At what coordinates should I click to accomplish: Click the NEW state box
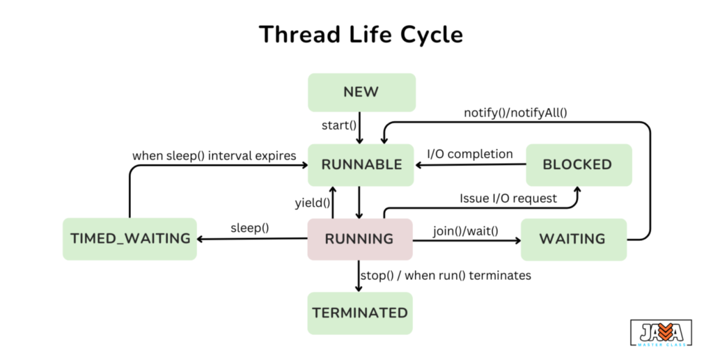coord(361,92)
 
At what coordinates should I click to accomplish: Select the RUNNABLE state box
coord(361,164)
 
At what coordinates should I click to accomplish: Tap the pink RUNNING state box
coord(359,239)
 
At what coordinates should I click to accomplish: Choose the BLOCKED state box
coord(578,164)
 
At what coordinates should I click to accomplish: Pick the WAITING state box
coord(572,239)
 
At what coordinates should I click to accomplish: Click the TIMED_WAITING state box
coord(130,239)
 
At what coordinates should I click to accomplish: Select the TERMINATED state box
coord(360,313)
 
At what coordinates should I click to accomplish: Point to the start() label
coord(339,125)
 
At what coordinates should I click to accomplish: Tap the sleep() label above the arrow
coord(250,228)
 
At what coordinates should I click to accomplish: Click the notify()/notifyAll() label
coord(516,111)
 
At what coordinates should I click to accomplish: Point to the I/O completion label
coord(470,154)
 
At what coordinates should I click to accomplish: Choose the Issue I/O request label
coord(508,198)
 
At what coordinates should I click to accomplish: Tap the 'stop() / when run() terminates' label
coord(446,275)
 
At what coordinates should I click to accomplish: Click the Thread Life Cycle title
coord(361,34)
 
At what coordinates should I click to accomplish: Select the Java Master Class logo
coord(661,333)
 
